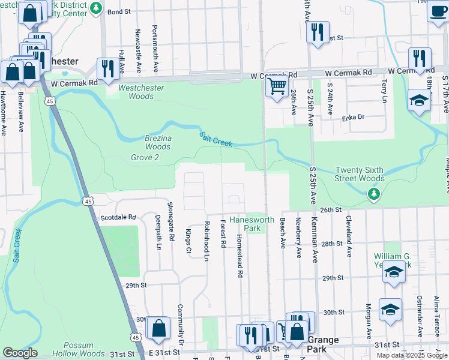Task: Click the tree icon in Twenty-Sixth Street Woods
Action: click(x=374, y=193)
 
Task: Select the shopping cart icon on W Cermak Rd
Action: click(x=276, y=87)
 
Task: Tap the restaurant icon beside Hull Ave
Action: click(x=108, y=68)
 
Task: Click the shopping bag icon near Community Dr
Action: click(x=158, y=329)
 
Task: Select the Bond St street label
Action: click(x=119, y=11)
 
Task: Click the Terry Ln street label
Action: click(x=384, y=91)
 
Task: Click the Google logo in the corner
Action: click(x=20, y=353)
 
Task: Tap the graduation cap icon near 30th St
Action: click(x=390, y=311)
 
